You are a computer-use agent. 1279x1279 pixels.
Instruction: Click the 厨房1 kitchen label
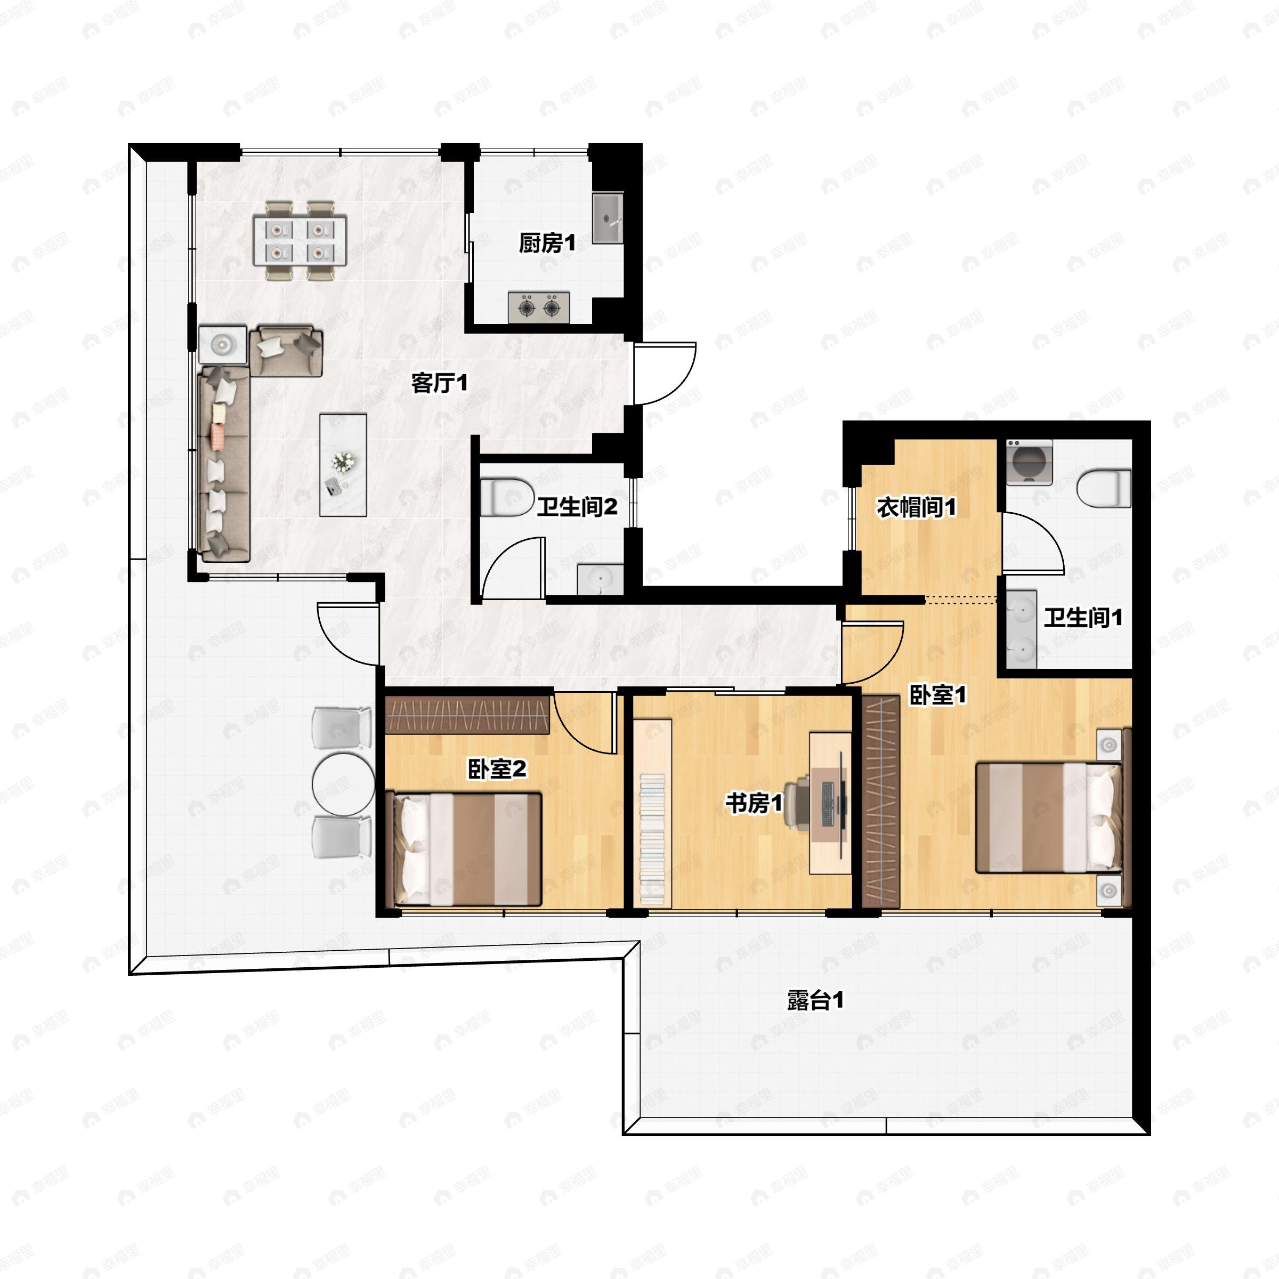547,244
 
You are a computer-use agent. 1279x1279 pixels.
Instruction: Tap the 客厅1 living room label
439,383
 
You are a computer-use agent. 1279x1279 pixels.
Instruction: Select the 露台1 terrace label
815,1000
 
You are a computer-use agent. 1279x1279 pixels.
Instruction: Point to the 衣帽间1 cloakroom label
916,508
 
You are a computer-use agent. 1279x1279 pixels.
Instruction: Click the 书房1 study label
754,804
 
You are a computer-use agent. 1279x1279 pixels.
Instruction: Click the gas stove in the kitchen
539,307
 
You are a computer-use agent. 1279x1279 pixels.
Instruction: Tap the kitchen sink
607,218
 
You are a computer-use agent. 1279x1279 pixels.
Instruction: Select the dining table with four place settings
300,240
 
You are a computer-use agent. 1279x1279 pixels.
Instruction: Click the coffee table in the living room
343,465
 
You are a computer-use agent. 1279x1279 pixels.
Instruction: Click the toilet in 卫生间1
1104,488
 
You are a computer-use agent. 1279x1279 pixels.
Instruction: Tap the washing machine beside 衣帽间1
1028,462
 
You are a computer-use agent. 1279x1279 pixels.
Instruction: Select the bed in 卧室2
467,849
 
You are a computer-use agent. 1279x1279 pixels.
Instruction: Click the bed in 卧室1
1049,817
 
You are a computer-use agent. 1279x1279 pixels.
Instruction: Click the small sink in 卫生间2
600,579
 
